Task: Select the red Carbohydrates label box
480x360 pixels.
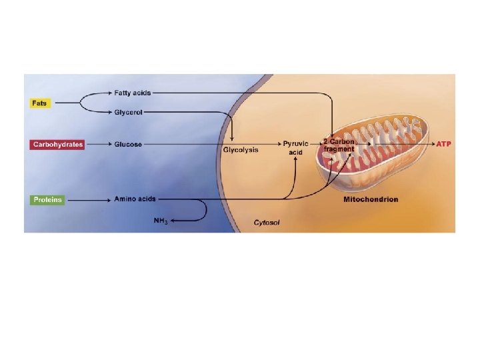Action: click(x=57, y=145)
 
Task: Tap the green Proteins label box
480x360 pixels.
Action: click(x=47, y=199)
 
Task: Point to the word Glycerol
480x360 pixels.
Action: click(x=128, y=112)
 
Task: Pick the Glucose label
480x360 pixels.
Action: click(x=128, y=145)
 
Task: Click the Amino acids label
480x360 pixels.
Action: click(x=135, y=199)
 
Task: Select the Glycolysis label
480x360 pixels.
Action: click(x=241, y=151)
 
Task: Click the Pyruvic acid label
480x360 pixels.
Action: click(x=295, y=148)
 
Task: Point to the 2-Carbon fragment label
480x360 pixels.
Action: click(x=339, y=145)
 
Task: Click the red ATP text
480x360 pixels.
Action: click(x=444, y=144)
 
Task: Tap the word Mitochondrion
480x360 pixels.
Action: click(x=371, y=199)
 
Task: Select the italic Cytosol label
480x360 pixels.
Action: click(x=267, y=223)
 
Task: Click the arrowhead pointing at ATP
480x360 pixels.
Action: click(x=430, y=144)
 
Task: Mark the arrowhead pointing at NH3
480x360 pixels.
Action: click(x=171, y=220)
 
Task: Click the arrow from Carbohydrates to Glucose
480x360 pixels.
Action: click(x=98, y=145)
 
